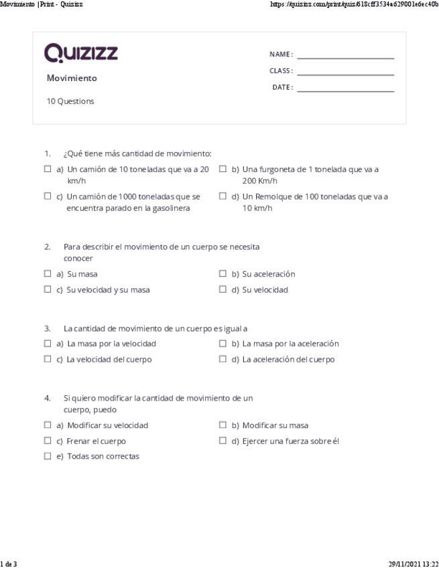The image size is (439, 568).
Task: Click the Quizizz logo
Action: tap(81, 52)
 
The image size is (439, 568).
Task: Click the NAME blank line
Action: tap(345, 58)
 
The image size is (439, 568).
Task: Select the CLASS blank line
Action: tap(345, 74)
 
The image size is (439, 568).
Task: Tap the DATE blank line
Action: tap(345, 90)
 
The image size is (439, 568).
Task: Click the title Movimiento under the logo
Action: tap(72, 78)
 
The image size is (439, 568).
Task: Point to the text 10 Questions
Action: tap(70, 102)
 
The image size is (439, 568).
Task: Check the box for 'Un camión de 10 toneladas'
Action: tap(48, 169)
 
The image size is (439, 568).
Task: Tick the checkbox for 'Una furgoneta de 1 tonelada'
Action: tap(223, 169)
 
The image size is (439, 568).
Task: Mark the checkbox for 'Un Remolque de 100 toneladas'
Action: tap(223, 196)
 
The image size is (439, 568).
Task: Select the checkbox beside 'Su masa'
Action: tap(48, 274)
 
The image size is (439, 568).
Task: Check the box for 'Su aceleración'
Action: tap(223, 274)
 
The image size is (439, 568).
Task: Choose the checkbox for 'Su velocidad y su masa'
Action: tap(48, 290)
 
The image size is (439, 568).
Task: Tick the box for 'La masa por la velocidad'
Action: tap(48, 344)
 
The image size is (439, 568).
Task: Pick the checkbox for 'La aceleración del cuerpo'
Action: tap(223, 359)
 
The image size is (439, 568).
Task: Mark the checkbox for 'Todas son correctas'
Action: tap(48, 456)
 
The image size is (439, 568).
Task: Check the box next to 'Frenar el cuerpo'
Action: tap(48, 441)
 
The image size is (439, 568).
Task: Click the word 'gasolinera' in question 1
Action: tap(170, 208)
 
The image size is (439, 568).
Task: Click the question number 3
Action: tap(48, 328)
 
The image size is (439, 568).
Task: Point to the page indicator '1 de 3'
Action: tap(9, 564)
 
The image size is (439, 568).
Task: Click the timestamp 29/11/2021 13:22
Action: tap(413, 564)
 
